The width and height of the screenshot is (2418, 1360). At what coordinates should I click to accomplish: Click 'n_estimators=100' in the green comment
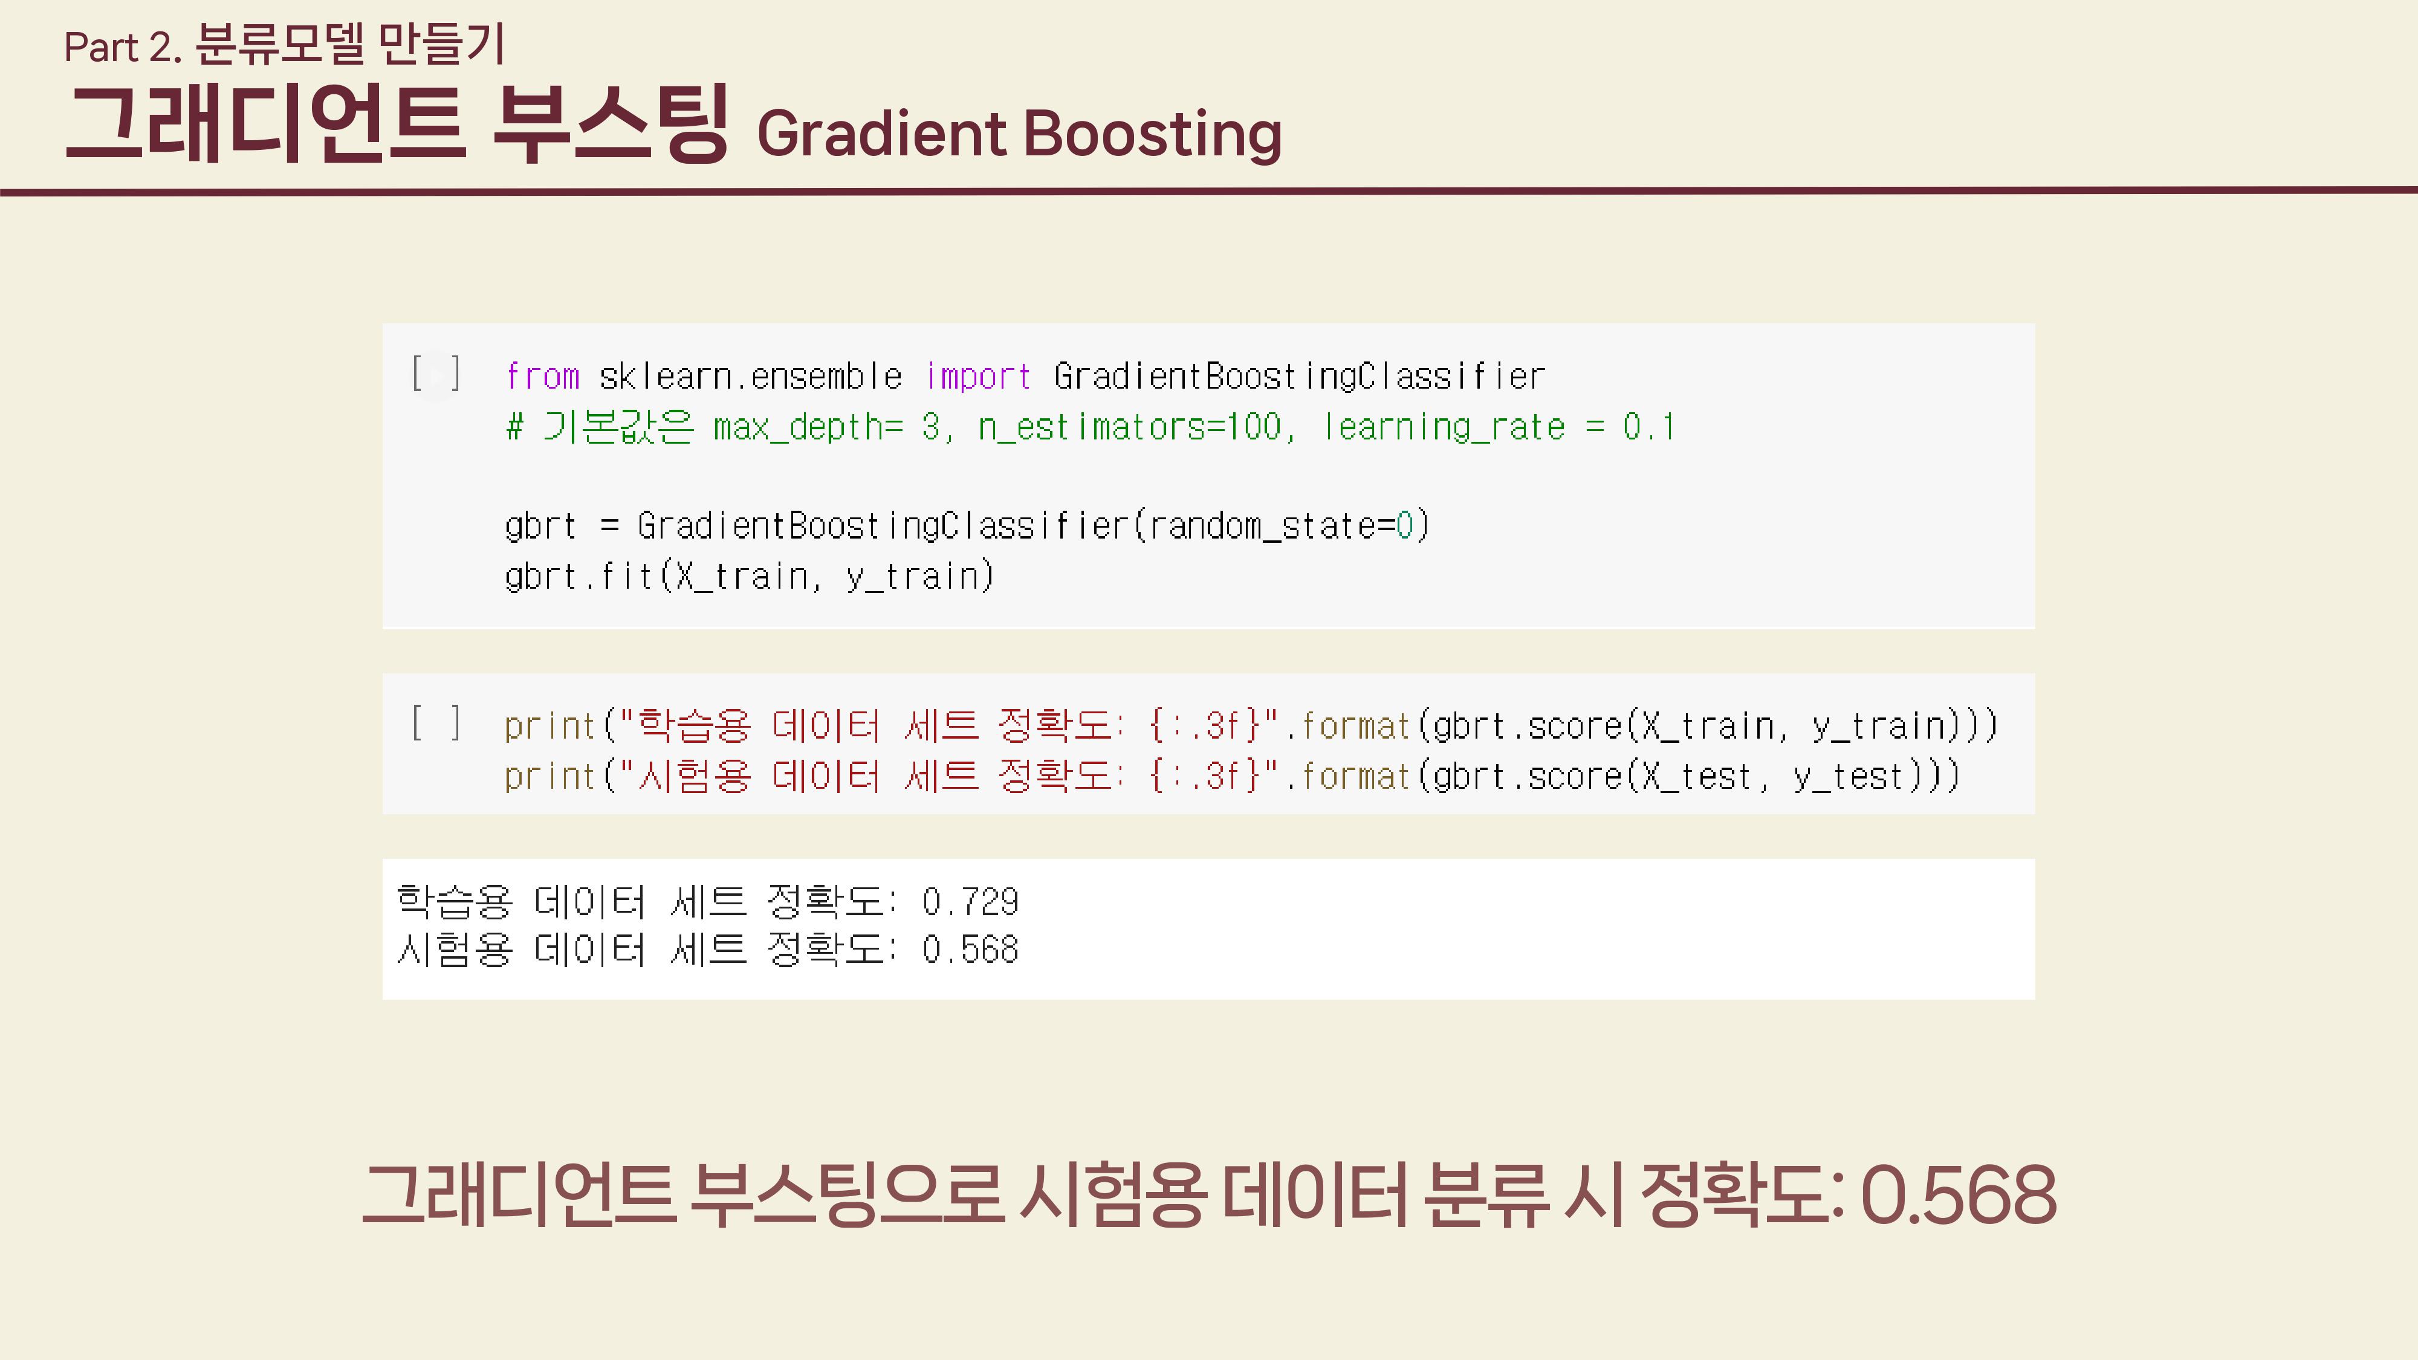pos(1129,427)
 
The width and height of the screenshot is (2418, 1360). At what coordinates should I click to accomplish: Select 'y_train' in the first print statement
pos(1878,725)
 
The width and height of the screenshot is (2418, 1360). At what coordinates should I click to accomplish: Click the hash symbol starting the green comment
pos(514,427)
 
